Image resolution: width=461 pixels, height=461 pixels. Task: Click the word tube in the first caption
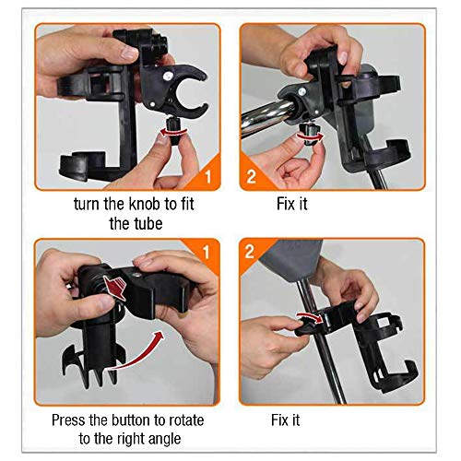pos(148,223)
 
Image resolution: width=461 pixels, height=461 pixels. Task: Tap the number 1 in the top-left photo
pos(208,176)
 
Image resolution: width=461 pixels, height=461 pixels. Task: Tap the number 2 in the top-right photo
pos(251,176)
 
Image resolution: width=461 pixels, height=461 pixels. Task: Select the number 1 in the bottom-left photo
pos(207,252)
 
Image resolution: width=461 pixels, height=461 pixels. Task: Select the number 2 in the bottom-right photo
pos(250,252)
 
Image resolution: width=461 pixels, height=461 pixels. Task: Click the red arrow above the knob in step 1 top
pos(173,132)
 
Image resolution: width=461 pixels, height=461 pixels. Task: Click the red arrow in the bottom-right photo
pos(309,316)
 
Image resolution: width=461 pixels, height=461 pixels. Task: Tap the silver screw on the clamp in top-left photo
pos(168,76)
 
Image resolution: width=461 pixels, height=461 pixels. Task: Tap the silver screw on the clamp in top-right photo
pos(301,91)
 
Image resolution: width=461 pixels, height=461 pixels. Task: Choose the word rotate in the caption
pos(186,420)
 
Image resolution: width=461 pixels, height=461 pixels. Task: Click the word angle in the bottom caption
pos(165,440)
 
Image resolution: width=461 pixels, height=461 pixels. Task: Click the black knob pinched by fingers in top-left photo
pos(174,131)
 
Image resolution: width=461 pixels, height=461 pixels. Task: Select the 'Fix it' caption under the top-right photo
pos(292,204)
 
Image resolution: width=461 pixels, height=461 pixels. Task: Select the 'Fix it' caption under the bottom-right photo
pos(285,420)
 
